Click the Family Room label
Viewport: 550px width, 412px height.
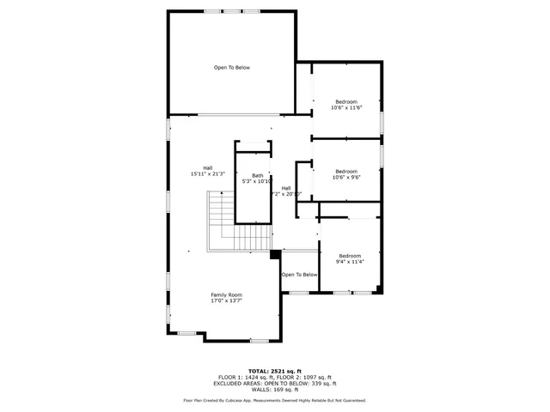click(227, 294)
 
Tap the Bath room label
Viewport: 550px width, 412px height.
click(257, 175)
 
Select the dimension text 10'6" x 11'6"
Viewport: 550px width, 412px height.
click(346, 107)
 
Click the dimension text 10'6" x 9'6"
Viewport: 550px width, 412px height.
click(346, 177)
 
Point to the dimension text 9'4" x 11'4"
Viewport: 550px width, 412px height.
click(350, 262)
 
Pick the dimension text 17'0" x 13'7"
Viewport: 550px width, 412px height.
click(227, 300)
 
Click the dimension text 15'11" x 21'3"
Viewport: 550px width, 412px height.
click(207, 174)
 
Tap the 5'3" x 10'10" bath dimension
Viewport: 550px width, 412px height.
click(257, 181)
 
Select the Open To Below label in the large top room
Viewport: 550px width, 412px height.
click(232, 67)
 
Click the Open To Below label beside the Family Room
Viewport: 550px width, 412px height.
click(300, 275)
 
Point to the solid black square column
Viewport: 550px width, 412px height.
click(275, 253)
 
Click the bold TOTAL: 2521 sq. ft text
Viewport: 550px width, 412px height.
click(275, 371)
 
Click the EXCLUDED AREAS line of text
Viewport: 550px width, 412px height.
click(275, 383)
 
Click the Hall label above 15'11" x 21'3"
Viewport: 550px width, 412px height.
click(207, 167)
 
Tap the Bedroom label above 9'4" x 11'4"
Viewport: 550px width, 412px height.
click(350, 256)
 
